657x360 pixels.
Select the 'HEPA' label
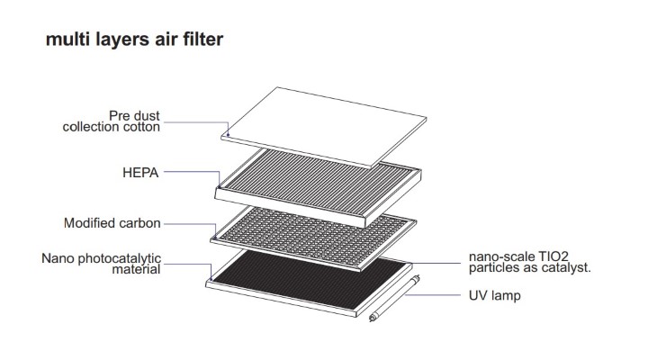140,173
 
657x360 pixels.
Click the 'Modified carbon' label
112,223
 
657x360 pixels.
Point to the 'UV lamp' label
495,295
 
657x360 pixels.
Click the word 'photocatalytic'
120,258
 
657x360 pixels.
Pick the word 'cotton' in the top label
141,127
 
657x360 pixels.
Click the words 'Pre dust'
134,116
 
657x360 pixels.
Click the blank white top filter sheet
324,126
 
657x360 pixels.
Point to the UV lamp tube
394,299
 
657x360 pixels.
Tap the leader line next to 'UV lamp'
433,295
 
